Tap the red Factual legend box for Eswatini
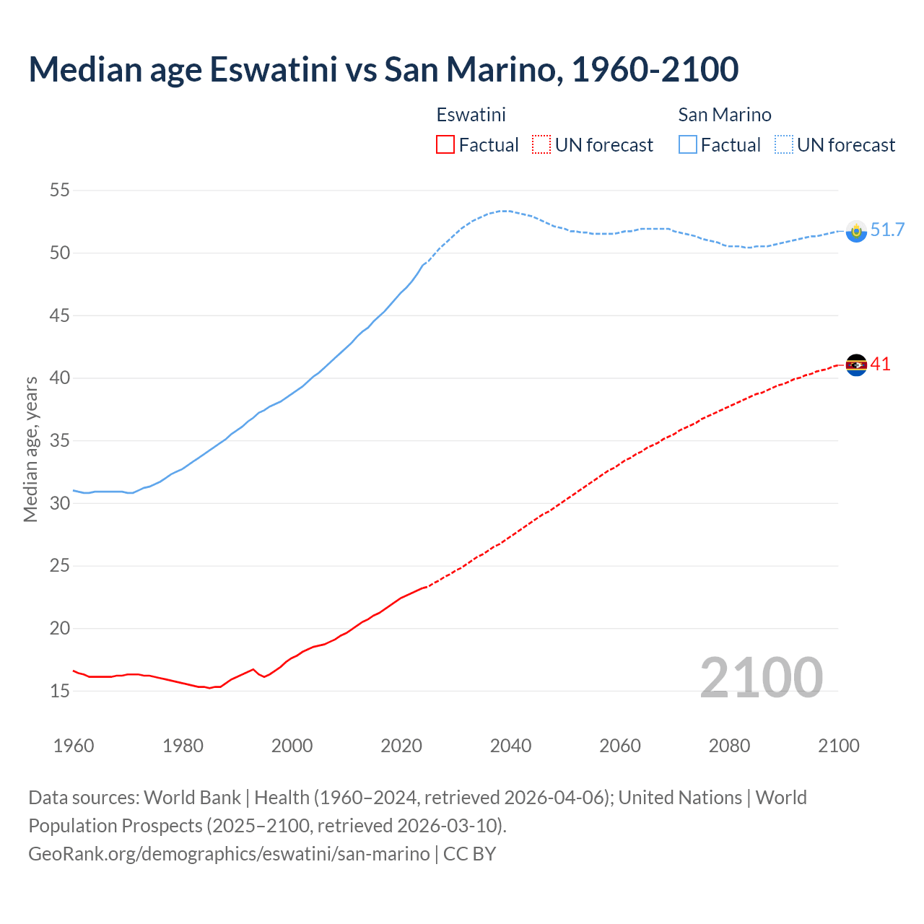(445, 145)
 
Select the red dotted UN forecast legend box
(541, 145)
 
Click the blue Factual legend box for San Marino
(688, 145)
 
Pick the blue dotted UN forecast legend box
(784, 145)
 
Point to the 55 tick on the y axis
(59, 191)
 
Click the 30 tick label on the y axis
(59, 503)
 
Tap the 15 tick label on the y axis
(59, 691)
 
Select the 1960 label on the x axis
(74, 746)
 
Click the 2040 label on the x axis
(510, 746)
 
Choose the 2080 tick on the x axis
(729, 746)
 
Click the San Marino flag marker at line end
(856, 231)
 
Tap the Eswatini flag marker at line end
(856, 365)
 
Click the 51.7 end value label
(887, 230)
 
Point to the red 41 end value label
(881, 365)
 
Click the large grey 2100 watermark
(761, 677)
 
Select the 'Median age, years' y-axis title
(30, 449)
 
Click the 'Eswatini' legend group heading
(471, 115)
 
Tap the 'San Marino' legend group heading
(724, 115)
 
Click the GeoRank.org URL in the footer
(229, 854)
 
